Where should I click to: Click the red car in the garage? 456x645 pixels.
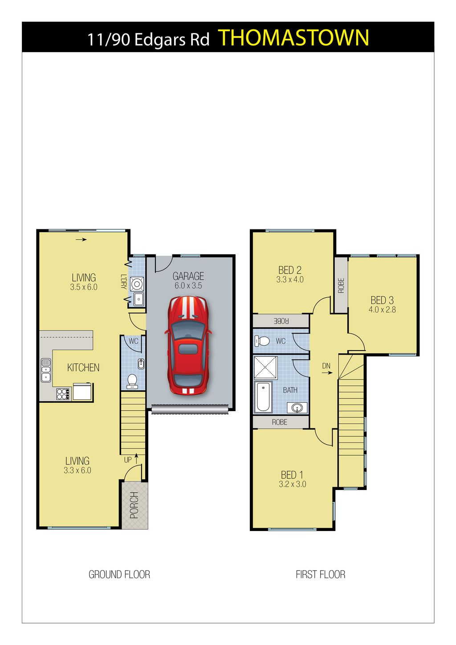pyautogui.click(x=188, y=345)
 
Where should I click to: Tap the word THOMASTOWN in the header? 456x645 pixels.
pyautogui.click(x=294, y=38)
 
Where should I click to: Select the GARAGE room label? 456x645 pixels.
pyautogui.click(x=188, y=276)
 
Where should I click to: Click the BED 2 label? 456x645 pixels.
pyautogui.click(x=290, y=270)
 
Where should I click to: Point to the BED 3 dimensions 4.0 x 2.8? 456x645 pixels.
pyautogui.click(x=382, y=310)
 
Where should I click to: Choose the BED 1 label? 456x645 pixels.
pyautogui.click(x=292, y=474)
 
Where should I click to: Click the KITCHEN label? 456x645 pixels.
pyautogui.click(x=83, y=367)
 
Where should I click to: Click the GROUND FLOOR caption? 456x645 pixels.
pyautogui.click(x=119, y=575)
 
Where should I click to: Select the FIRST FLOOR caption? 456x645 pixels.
pyautogui.click(x=321, y=575)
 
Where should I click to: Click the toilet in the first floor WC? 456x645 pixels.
pyautogui.click(x=262, y=341)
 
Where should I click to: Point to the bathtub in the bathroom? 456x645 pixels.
pyautogui.click(x=263, y=397)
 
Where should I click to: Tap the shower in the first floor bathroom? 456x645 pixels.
pyautogui.click(x=265, y=368)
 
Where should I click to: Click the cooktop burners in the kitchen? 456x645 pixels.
pyautogui.click(x=63, y=394)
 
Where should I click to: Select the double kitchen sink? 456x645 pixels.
pyautogui.click(x=46, y=370)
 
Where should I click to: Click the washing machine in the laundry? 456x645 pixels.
pyautogui.click(x=137, y=285)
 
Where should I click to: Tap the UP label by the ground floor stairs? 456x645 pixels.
pyautogui.click(x=128, y=460)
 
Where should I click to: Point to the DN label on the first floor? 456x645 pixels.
pyautogui.click(x=326, y=366)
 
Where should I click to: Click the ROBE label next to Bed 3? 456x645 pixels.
pyautogui.click(x=341, y=286)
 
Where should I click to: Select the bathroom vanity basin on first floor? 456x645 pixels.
pyautogui.click(x=297, y=408)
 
